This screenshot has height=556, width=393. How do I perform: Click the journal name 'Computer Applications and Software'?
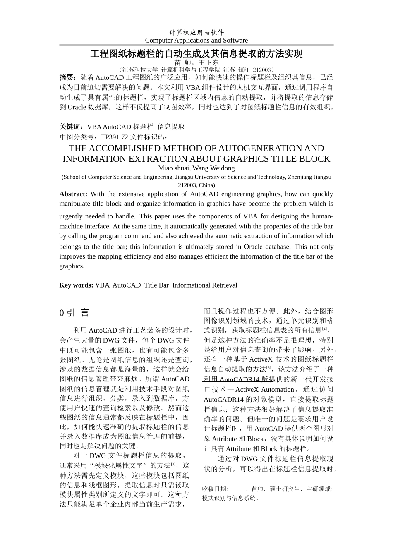pyautogui.click(x=196, y=40)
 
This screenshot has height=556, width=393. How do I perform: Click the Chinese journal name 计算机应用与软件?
pyautogui.click(x=196, y=32)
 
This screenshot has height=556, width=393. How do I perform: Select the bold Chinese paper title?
pyautogui.click(x=196, y=54)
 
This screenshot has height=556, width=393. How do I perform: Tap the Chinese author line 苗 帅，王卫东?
pyautogui.click(x=196, y=62)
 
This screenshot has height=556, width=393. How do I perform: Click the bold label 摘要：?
pyautogui.click(x=68, y=77)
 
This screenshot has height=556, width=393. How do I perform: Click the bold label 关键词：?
pyautogui.click(x=73, y=127)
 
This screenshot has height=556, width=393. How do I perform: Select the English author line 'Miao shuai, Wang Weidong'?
pyautogui.click(x=196, y=168)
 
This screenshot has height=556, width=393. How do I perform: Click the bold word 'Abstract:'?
pyautogui.click(x=73, y=194)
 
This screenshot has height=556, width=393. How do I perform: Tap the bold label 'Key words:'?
pyautogui.click(x=76, y=285)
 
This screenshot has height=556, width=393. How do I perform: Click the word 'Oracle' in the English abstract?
pyautogui.click(x=253, y=247)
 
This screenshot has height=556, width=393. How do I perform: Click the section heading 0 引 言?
pyautogui.click(x=74, y=313)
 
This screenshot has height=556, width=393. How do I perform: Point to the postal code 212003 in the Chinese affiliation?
pyautogui.click(x=262, y=69)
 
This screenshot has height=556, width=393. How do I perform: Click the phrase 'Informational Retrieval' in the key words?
pyautogui.click(x=205, y=285)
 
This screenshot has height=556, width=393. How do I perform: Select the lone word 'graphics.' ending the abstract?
pyautogui.click(x=72, y=266)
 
